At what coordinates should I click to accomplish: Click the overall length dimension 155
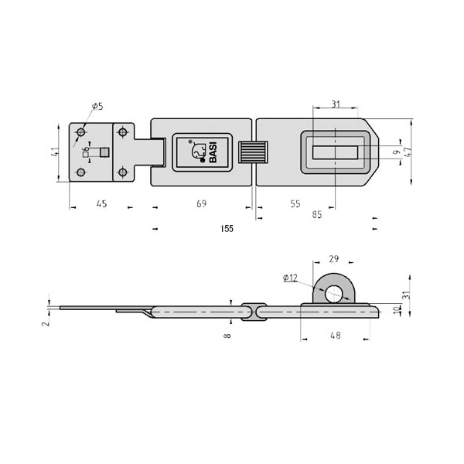[x=227, y=229]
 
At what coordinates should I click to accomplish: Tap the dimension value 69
[x=202, y=204]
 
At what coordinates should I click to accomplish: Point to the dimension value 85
[x=317, y=215]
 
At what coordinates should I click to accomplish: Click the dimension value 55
[x=296, y=204]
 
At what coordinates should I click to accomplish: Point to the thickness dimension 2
[x=46, y=324]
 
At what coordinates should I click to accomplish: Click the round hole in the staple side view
[x=334, y=293]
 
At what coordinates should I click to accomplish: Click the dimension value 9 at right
[x=396, y=152]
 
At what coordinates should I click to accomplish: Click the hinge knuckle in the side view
[x=253, y=310]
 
